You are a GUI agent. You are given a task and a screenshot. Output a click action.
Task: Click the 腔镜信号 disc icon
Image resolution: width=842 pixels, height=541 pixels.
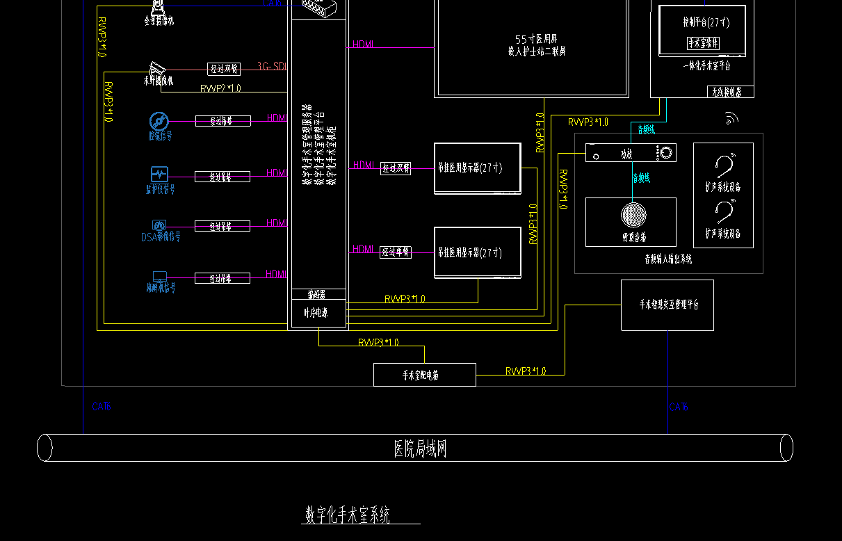[159, 122]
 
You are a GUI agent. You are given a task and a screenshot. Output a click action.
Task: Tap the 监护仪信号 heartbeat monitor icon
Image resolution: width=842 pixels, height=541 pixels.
[159, 174]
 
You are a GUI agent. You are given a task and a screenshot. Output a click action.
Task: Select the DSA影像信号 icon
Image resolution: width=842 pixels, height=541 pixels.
[159, 225]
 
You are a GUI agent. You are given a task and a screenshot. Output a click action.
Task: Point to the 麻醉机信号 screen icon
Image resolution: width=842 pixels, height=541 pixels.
[159, 276]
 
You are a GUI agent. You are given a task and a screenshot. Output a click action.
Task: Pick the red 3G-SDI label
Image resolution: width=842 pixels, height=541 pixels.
[272, 66]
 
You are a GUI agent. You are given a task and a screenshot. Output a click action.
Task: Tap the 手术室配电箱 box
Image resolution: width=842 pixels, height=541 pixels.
[424, 375]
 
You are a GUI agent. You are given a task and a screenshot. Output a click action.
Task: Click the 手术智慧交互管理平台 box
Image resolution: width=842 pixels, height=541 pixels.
[667, 305]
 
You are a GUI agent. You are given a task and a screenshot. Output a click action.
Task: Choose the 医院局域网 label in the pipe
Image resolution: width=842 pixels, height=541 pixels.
[420, 449]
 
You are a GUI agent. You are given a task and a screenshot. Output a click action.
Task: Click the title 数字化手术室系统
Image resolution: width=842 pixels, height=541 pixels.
[348, 515]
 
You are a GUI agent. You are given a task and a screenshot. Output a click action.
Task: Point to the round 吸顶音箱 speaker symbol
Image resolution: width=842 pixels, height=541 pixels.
[633, 215]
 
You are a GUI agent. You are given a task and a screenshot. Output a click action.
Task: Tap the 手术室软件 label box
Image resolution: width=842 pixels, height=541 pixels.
[704, 43]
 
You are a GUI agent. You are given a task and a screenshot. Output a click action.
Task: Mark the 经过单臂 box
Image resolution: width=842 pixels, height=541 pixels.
[396, 252]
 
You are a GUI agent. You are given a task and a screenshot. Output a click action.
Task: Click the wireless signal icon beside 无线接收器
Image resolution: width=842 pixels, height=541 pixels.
[731, 119]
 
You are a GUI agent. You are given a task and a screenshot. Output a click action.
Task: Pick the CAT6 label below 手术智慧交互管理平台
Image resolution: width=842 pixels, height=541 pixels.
[679, 407]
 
